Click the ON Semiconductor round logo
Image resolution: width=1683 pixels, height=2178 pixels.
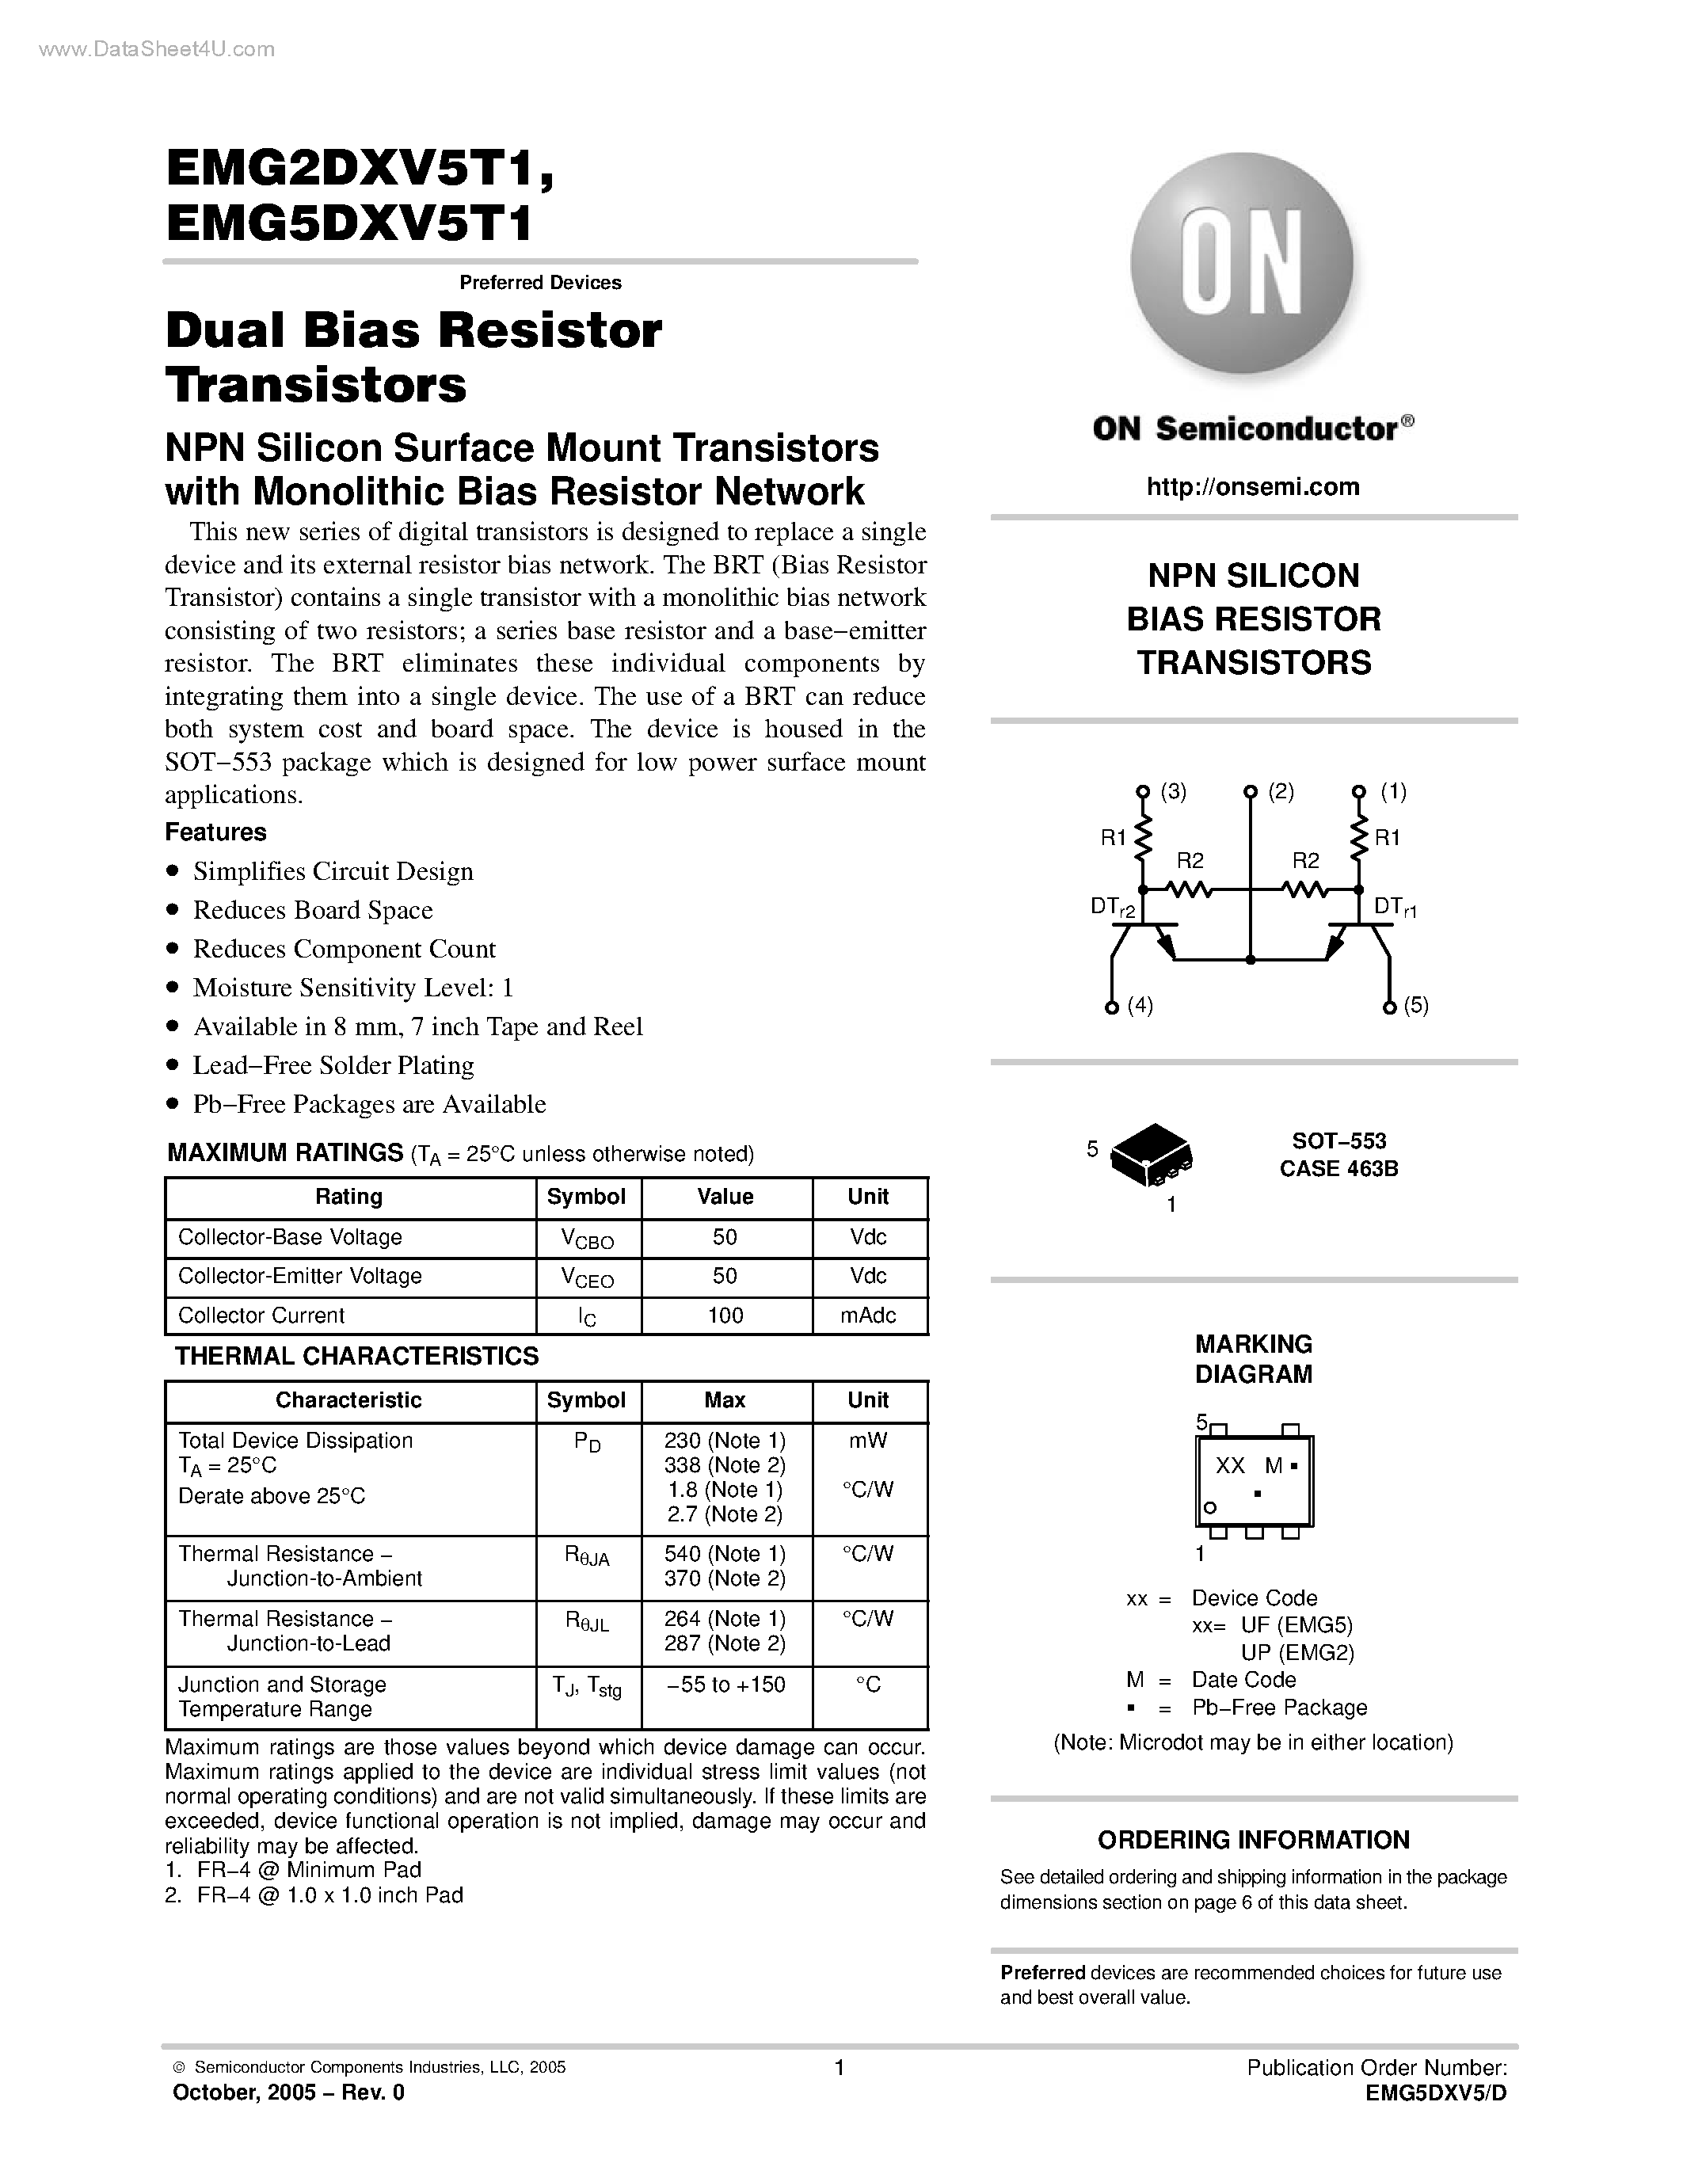tap(1241, 265)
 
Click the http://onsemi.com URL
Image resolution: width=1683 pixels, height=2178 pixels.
tap(1252, 486)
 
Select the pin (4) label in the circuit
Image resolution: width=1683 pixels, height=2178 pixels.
tap(1140, 1005)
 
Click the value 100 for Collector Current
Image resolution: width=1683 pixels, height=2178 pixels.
tap(725, 1316)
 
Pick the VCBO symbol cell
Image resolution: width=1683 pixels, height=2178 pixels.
tap(587, 1239)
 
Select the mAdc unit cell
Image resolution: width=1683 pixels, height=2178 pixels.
tap(867, 1316)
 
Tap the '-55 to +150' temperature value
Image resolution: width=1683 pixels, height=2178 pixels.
tap(725, 1685)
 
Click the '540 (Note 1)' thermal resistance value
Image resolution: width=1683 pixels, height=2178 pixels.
tap(725, 1554)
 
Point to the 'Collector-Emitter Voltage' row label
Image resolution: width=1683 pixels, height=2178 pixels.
tap(299, 1277)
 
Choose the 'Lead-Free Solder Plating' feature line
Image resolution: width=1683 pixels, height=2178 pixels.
tap(333, 1066)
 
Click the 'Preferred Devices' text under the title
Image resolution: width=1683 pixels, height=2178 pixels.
tap(539, 282)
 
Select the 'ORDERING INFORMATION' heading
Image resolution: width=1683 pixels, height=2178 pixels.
tap(1253, 1840)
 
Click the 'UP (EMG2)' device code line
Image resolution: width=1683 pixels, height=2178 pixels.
tap(1297, 1652)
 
